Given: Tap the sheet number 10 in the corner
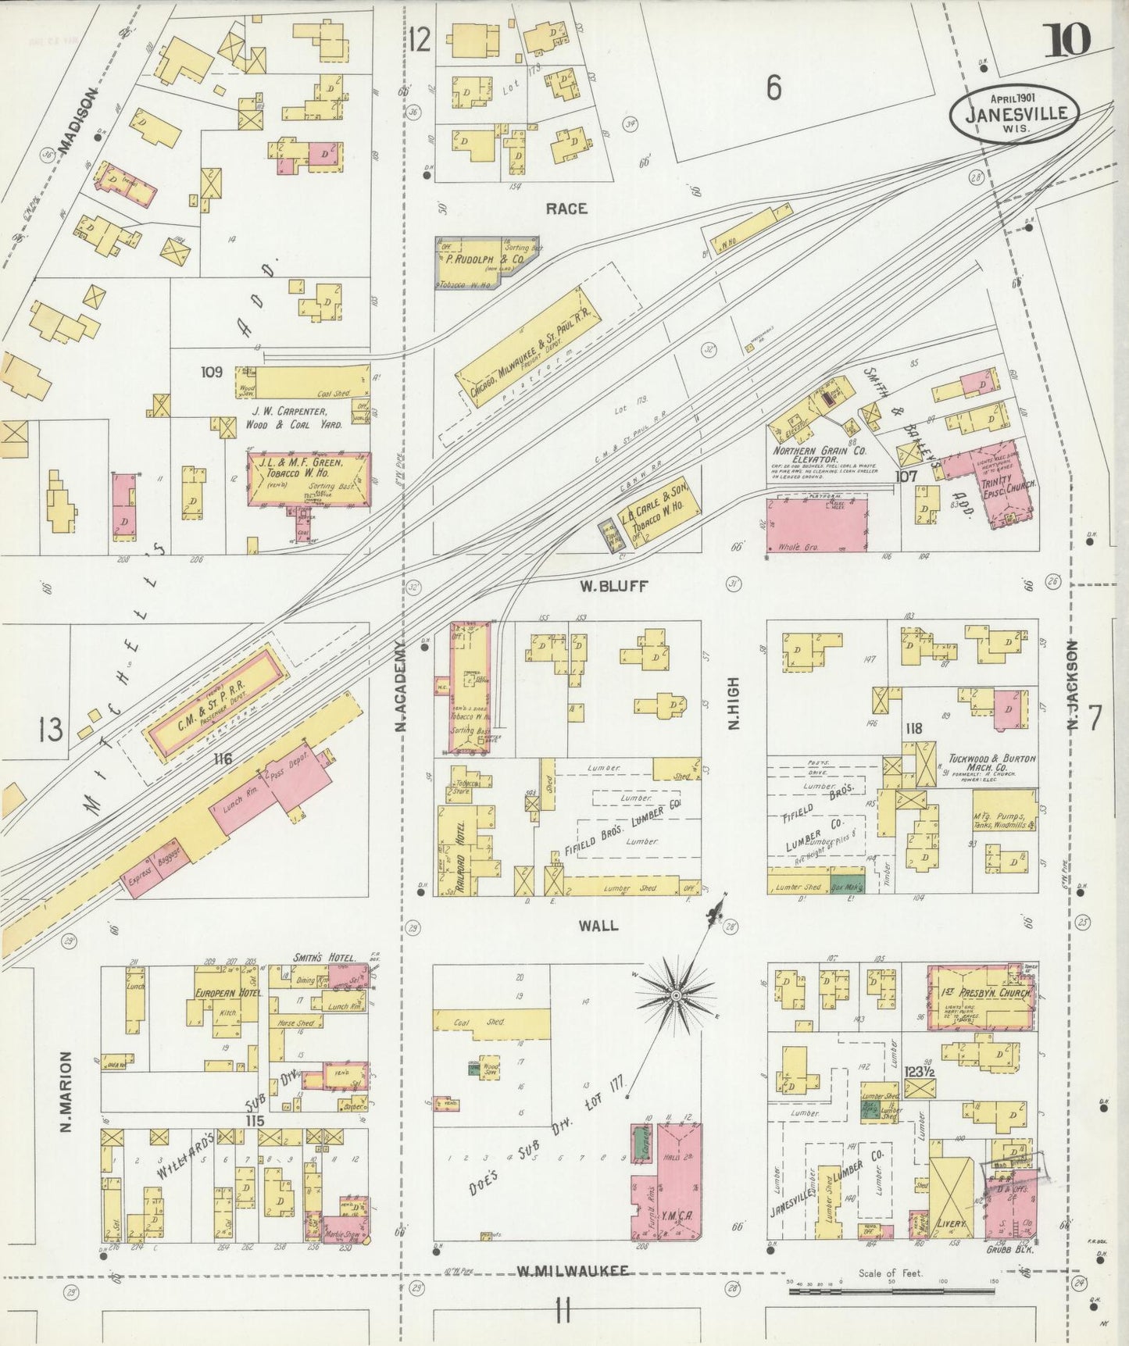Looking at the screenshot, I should tap(1066, 39).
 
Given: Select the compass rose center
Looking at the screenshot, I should tap(675, 995).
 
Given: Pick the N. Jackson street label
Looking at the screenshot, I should tap(1074, 685).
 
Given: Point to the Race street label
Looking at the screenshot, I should tap(566, 209).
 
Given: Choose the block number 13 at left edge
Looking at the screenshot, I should tap(51, 730).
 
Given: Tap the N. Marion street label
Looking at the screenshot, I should tap(66, 1091).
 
